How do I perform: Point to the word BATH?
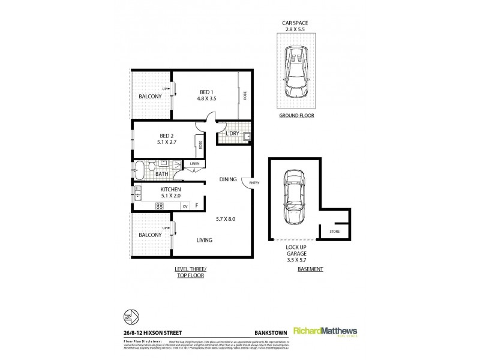pos(161,174)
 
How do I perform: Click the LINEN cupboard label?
pos(194,164)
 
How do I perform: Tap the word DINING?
pos(227,179)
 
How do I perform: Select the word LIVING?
pos(204,240)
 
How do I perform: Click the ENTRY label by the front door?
pos(254,183)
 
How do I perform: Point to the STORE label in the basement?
pos(334,230)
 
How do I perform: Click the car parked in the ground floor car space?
pos(295,73)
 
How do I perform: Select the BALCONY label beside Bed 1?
pos(149,96)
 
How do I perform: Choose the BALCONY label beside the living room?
pos(149,235)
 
